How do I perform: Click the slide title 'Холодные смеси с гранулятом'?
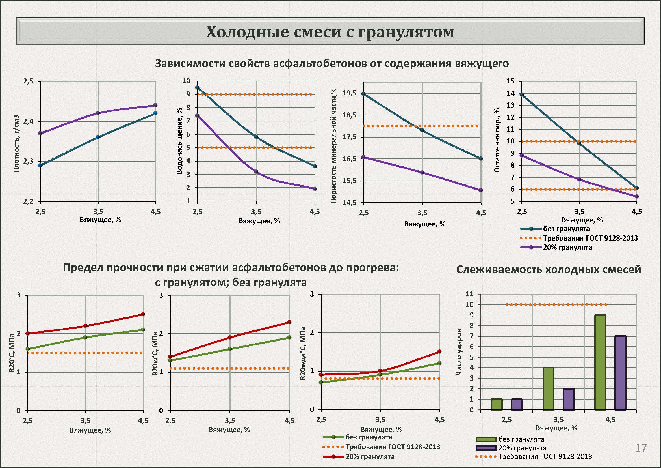tap(330, 32)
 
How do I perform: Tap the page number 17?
tap(641, 448)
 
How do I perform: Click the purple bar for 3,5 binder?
tap(569, 399)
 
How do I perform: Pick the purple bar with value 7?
tap(620, 373)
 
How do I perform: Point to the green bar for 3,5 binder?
tap(549, 388)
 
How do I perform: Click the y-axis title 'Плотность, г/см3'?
tap(16, 143)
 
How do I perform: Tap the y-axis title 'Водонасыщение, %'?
tap(179, 141)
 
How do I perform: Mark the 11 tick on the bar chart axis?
tap(470, 294)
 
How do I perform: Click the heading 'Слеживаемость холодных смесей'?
tap(549, 269)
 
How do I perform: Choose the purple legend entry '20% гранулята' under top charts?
tap(567, 247)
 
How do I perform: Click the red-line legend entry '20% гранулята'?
tap(370, 457)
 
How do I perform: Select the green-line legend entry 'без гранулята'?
tap(369, 437)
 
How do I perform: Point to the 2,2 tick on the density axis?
tap(28, 201)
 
